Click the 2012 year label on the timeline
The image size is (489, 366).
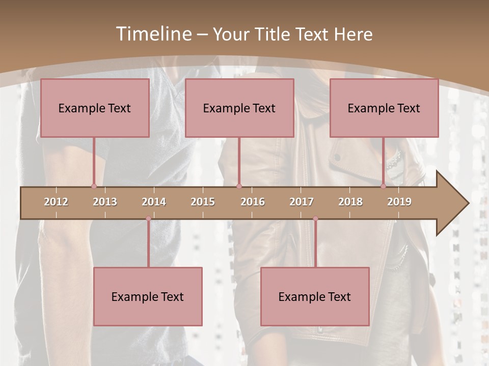[x=56, y=202]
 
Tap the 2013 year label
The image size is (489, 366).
[x=105, y=202]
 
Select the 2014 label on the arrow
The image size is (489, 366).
[x=154, y=202]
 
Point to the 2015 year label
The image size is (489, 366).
[x=203, y=202]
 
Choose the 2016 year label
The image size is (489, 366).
[x=253, y=202]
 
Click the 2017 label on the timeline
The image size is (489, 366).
[x=302, y=202]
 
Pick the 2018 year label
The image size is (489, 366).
[x=350, y=202]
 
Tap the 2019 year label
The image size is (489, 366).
[x=399, y=202]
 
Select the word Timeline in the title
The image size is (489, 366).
[x=153, y=34]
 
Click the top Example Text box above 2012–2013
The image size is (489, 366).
[x=95, y=108]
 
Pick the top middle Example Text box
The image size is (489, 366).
[x=239, y=108]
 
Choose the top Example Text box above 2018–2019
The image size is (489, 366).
[x=384, y=108]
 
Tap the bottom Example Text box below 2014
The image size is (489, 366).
[x=148, y=296]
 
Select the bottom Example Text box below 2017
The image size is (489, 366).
[x=315, y=296]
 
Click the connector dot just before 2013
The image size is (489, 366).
[x=94, y=186]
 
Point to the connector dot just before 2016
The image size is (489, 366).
[x=239, y=186]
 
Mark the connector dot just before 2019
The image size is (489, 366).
[x=383, y=186]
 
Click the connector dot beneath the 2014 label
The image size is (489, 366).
[x=148, y=219]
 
